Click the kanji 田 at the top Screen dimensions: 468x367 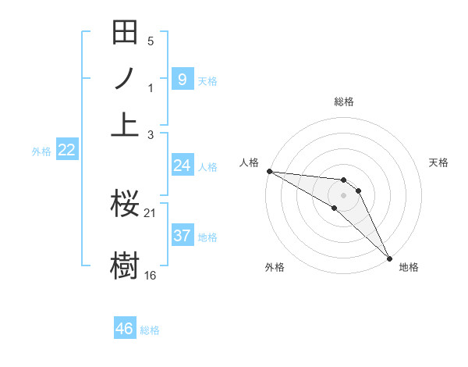coord(125,34)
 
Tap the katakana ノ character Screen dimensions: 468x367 coord(125,79)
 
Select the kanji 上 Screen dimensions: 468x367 coord(125,123)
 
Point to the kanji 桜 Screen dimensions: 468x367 coord(125,204)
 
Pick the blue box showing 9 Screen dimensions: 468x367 coord(182,79)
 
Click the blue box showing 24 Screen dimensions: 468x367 coord(182,166)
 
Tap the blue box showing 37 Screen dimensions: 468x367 coord(182,236)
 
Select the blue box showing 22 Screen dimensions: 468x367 coord(66,151)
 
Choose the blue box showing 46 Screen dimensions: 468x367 coord(125,329)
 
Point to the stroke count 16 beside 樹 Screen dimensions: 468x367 coord(151,276)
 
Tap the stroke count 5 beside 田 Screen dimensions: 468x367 coord(151,41)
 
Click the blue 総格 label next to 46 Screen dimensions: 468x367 coord(150,330)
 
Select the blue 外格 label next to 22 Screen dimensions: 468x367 coord(41,151)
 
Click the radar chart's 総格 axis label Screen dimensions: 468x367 coord(344,102)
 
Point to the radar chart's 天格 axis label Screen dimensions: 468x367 coord(439,162)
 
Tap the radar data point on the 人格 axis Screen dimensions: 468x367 coord(269,171)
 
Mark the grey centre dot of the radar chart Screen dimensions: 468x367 coord(344,194)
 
